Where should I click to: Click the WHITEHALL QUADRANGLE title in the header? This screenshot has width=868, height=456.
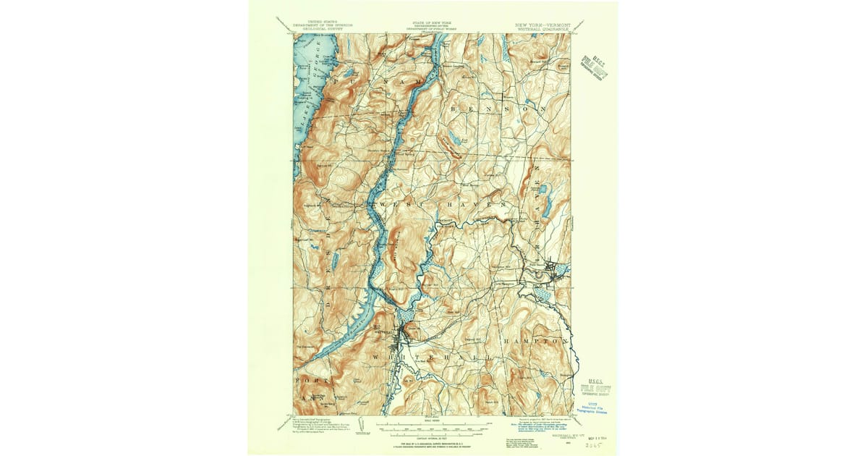(x=542, y=28)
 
